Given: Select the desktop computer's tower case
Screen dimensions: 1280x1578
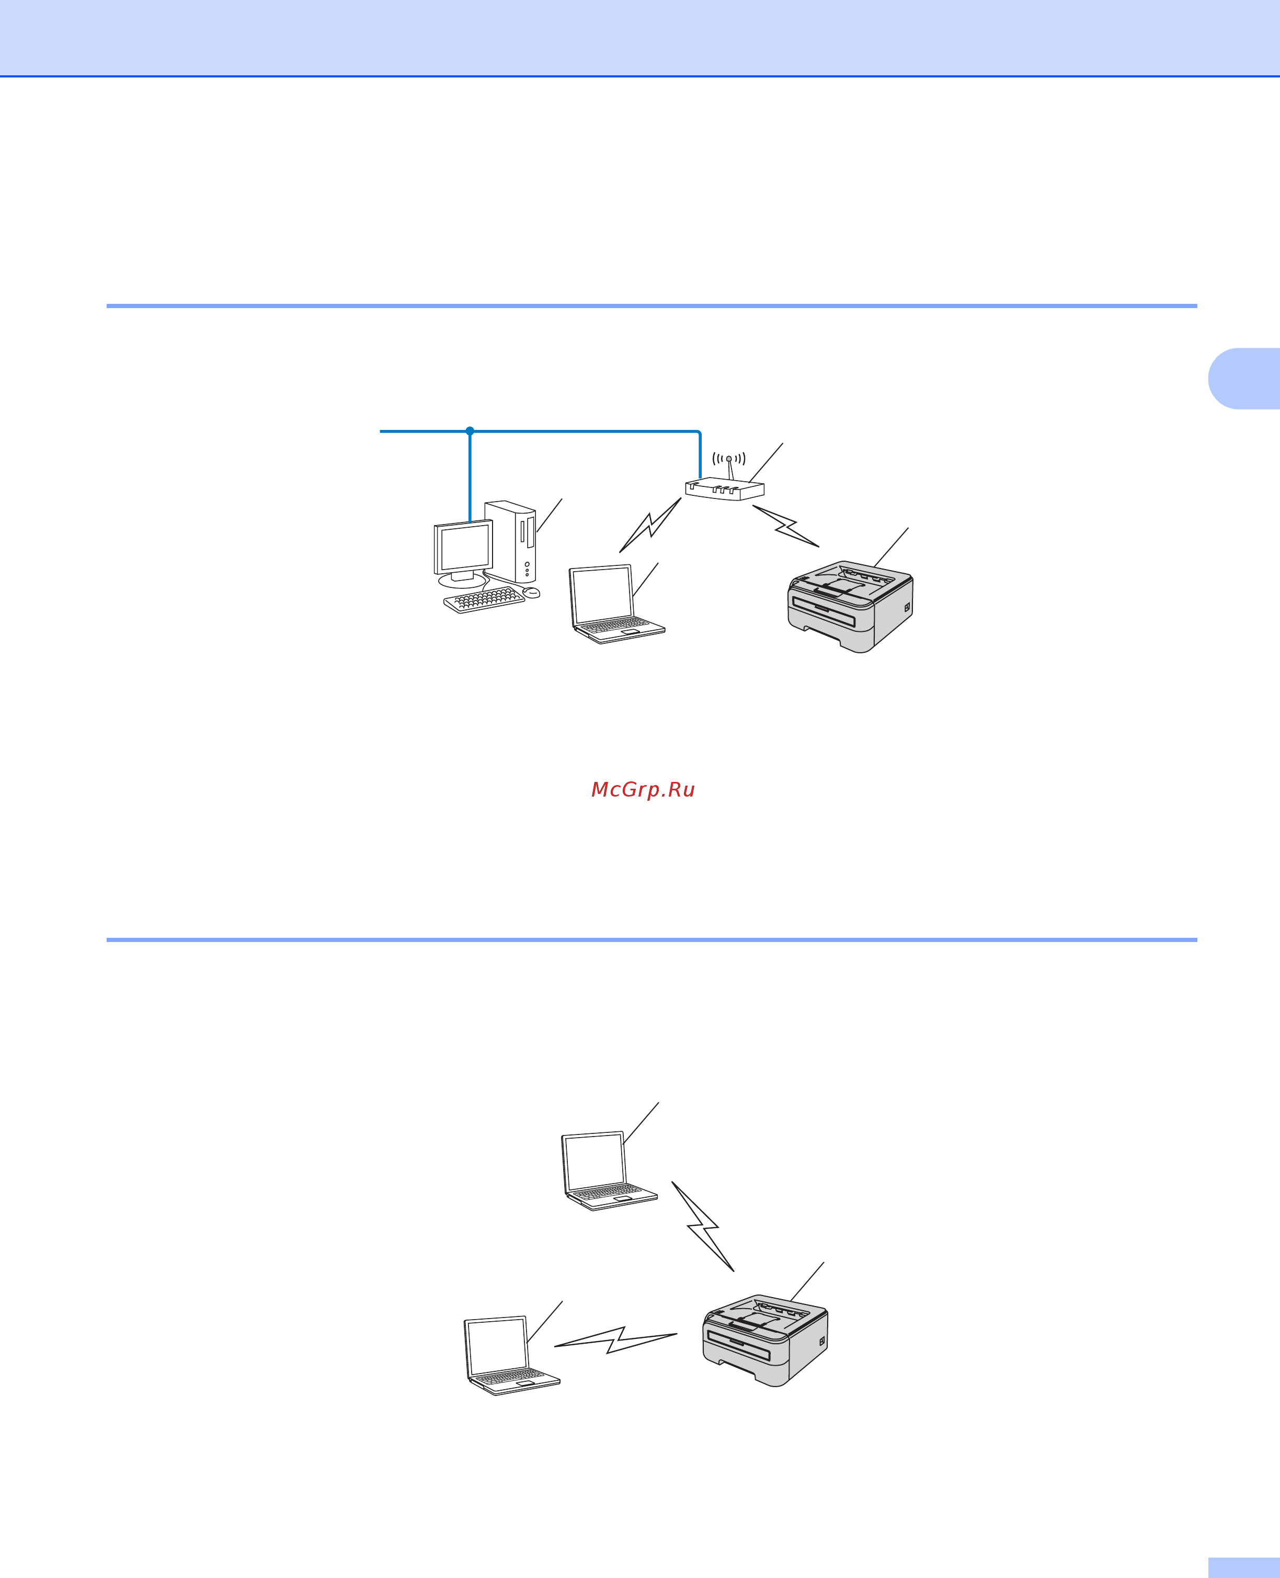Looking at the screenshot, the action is click(510, 541).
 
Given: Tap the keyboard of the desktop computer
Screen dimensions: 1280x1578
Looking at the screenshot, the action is click(484, 599).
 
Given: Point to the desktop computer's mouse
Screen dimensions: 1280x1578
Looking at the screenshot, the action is click(531, 592).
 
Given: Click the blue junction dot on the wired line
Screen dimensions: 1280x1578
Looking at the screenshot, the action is click(470, 430).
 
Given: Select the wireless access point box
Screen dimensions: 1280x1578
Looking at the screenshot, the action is click(725, 489).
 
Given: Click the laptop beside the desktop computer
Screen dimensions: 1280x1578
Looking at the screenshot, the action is click(617, 604).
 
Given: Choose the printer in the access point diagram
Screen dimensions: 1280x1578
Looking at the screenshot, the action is click(850, 606).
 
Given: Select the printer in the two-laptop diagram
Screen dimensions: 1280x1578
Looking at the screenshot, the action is click(765, 1341).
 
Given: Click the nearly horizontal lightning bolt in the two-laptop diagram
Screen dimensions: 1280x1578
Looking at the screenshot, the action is click(615, 1340).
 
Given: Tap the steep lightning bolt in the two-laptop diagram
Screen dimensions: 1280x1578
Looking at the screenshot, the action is click(703, 1227).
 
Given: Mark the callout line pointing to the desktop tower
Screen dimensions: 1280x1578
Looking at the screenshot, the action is click(550, 515).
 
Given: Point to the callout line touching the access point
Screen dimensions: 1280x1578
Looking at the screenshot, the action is click(765, 463).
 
